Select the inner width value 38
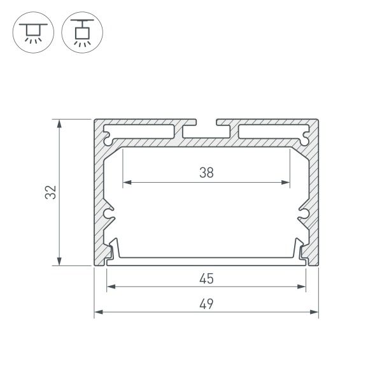pos(205,172)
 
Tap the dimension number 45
pos(206,278)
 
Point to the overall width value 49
pos(206,304)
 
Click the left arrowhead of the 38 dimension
pos(125,183)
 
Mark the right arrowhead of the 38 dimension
pos(286,183)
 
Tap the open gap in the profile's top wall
pos(206,122)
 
